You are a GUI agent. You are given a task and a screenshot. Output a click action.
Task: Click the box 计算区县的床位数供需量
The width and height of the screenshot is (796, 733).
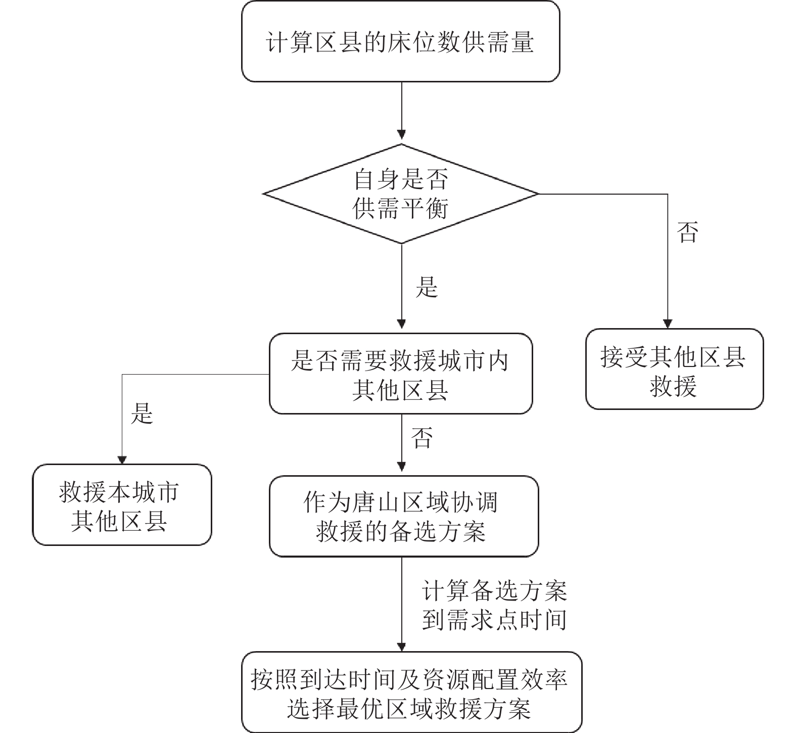400,41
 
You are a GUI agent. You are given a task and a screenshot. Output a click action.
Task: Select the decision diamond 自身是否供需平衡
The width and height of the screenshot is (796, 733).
400,194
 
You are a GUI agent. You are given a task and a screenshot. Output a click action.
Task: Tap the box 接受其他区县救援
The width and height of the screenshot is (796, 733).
674,369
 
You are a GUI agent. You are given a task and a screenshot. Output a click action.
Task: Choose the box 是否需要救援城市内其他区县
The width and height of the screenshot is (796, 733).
400,374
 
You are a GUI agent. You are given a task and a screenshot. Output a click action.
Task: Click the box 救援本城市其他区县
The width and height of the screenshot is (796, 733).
121,505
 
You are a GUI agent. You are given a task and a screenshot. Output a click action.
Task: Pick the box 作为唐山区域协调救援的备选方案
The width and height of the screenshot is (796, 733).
403,516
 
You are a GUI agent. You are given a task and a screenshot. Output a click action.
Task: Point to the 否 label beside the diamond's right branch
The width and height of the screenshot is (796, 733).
688,232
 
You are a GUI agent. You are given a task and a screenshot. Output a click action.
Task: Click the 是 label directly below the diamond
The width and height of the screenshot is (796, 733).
426,287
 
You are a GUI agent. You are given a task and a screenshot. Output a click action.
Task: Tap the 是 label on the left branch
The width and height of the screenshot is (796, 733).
142,413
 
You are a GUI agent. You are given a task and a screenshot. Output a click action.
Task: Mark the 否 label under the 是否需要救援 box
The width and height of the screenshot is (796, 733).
423,438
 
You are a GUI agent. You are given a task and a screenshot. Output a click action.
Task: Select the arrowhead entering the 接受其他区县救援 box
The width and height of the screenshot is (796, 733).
667,324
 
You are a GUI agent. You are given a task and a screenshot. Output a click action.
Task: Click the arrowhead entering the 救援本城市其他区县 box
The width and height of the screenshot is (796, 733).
121,459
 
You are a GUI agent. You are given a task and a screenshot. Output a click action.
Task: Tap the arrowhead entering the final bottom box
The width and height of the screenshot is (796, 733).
401,647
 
